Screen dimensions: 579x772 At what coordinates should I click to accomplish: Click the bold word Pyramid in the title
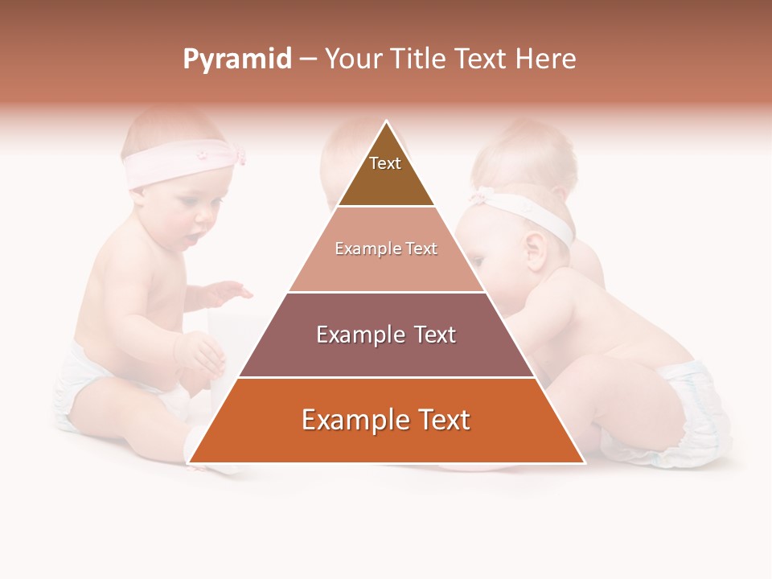(237, 60)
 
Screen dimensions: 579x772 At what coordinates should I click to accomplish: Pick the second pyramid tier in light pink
(386, 249)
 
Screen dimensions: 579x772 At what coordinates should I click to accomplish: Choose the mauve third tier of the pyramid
(386, 335)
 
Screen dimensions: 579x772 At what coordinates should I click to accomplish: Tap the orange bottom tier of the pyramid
(386, 421)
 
